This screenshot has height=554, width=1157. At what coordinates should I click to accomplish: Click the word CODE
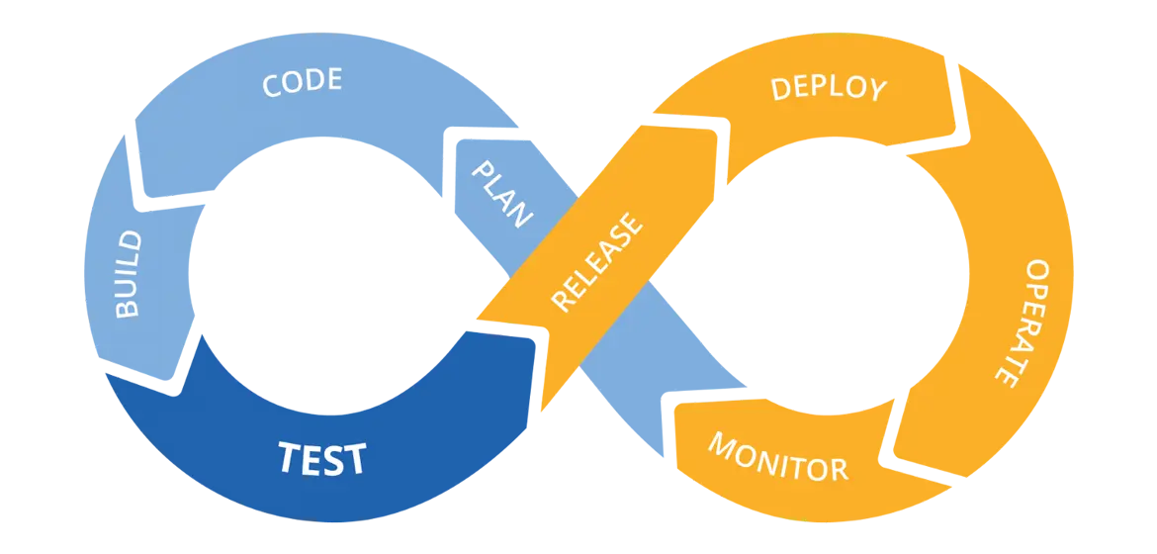302,82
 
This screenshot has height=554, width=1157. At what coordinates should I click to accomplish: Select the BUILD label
129,274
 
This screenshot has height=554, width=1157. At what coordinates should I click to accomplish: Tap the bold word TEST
322,459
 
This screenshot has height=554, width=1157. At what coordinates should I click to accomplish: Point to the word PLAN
502,194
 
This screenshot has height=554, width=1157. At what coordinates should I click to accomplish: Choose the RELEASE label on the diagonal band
595,262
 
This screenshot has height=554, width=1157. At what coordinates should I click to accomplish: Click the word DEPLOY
829,88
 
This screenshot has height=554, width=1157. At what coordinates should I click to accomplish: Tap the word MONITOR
778,456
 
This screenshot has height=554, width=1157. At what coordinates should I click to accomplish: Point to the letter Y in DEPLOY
875,91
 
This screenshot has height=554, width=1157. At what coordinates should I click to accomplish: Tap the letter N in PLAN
522,216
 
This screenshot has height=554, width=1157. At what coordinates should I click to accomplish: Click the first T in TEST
289,458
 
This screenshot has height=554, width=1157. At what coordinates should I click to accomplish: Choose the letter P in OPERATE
1035,292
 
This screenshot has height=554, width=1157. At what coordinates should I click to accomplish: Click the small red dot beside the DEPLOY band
959,138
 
